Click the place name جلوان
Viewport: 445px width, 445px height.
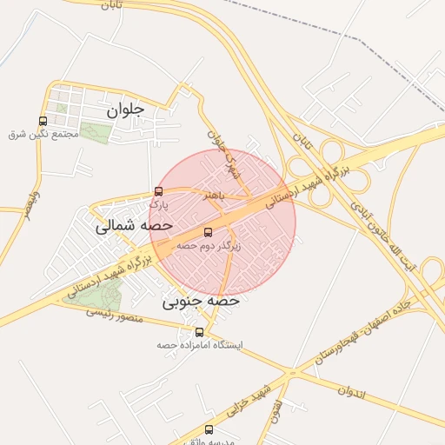[x=123, y=110]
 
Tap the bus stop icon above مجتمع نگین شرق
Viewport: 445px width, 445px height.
[x=43, y=122]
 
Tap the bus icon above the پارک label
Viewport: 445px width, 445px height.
[x=158, y=191]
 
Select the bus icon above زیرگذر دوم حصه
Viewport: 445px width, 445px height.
[x=207, y=232]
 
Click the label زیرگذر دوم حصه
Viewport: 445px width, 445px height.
[x=209, y=246]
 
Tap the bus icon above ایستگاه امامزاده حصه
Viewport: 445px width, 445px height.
[x=200, y=332]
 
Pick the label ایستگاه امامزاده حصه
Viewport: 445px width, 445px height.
[x=200, y=345]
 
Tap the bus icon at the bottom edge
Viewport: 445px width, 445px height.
[x=208, y=429]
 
